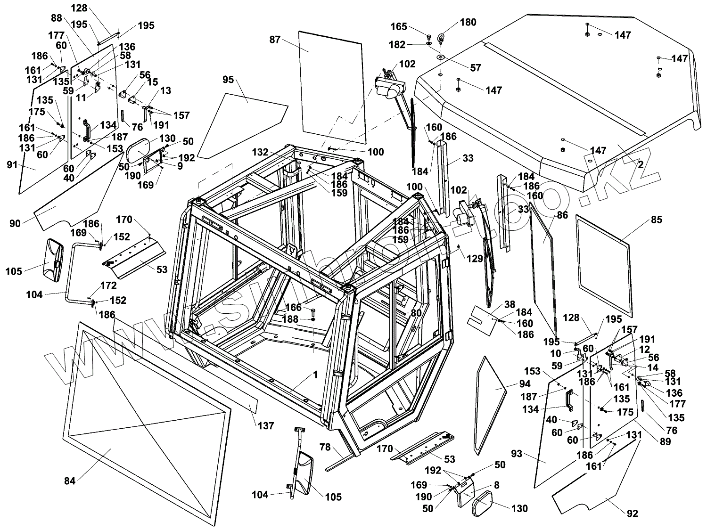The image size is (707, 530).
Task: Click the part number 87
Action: click(275, 40)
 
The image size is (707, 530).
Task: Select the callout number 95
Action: click(228, 80)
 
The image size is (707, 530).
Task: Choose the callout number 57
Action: click(476, 68)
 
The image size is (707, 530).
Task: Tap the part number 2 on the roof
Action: click(641, 164)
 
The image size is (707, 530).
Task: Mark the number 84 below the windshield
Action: click(70, 481)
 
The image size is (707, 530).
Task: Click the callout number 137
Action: click(266, 426)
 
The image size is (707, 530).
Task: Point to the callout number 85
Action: click(657, 220)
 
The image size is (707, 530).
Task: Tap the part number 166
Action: click(293, 307)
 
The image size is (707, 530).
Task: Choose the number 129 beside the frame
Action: click(475, 258)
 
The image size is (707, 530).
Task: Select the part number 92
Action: click(633, 514)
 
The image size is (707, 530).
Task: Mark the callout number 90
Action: click(15, 223)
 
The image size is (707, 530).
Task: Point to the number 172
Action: click(108, 285)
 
